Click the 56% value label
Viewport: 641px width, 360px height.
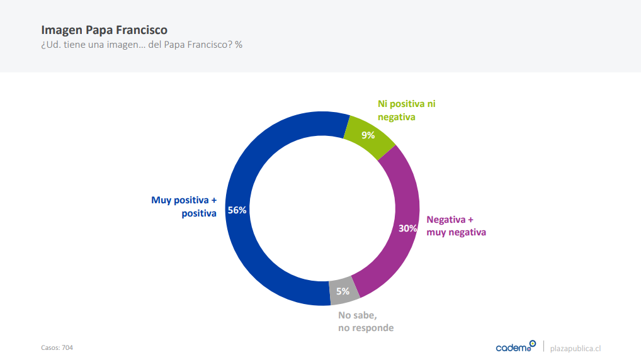[237, 210]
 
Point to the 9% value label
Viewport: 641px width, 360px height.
[368, 135]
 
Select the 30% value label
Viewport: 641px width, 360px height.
[407, 228]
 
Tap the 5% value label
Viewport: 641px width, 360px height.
[343, 291]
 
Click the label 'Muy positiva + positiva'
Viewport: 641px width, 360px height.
[184, 206]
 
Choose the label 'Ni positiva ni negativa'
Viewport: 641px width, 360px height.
[406, 110]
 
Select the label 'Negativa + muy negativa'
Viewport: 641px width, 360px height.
[456, 225]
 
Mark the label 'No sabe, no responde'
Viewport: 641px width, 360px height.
[366, 322]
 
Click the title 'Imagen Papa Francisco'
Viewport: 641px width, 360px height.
[104, 30]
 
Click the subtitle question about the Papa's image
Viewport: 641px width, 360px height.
[142, 45]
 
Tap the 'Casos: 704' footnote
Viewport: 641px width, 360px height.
[57, 347]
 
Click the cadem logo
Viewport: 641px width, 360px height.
[515, 347]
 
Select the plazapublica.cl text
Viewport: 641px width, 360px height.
[576, 348]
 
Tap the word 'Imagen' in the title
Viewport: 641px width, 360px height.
[60, 30]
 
